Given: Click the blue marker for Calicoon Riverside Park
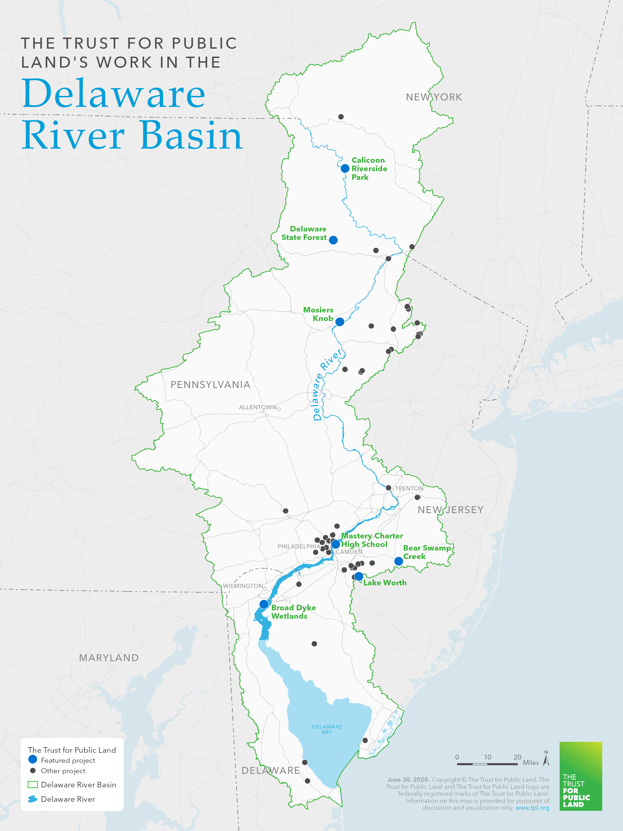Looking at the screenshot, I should click(345, 168).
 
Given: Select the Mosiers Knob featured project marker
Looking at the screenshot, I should click(340, 322).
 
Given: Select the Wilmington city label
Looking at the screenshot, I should click(243, 586).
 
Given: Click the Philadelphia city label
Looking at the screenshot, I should click(299, 546).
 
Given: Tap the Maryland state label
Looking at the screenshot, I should click(109, 658).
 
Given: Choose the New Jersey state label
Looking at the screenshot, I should click(451, 510).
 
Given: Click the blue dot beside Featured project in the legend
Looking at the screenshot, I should click(33, 759).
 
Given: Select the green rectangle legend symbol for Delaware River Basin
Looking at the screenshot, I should click(33, 784).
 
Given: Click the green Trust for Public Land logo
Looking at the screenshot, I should click(581, 776).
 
